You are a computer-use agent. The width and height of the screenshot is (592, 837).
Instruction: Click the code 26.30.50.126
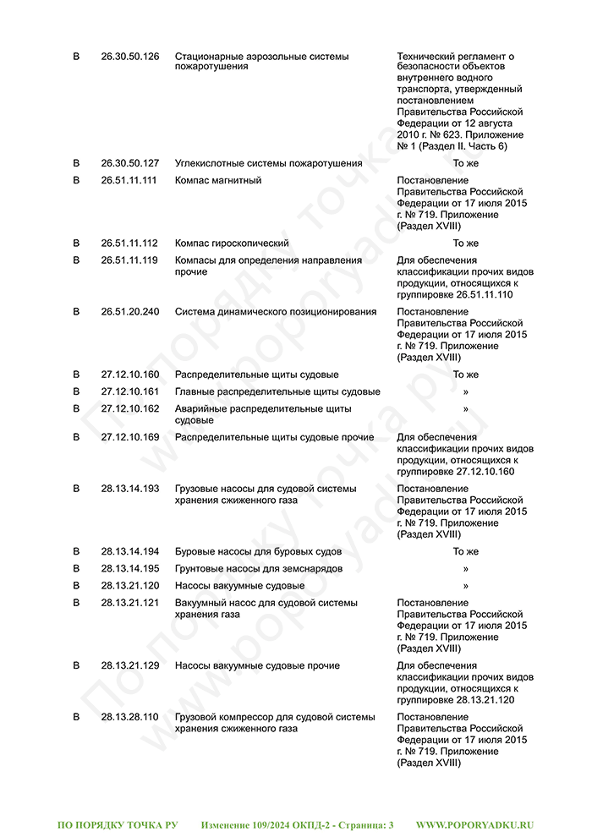click(129, 57)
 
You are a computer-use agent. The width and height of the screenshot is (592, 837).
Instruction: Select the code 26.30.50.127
click(129, 163)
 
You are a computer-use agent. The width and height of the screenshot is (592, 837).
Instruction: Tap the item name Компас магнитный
click(218, 180)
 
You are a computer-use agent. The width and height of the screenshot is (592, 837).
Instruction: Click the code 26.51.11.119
click(129, 260)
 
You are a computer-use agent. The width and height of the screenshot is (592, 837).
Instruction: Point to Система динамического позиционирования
click(276, 311)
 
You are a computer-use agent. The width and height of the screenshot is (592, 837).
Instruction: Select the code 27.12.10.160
click(129, 375)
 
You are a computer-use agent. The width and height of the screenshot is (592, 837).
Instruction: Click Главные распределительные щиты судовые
click(277, 391)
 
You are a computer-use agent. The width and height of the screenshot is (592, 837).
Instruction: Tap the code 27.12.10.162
click(129, 408)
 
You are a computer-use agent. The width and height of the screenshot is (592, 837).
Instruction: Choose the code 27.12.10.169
click(129, 437)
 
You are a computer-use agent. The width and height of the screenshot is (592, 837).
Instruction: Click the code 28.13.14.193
click(129, 489)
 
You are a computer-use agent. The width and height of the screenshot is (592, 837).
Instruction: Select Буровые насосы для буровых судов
click(258, 551)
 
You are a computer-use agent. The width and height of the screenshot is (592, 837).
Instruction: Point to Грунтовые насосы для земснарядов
click(259, 568)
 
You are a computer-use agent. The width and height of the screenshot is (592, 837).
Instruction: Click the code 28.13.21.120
click(129, 585)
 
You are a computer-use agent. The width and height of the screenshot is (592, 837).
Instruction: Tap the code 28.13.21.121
click(129, 603)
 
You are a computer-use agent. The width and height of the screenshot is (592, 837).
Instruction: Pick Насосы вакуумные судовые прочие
click(257, 666)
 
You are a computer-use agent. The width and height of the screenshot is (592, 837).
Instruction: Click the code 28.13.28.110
click(129, 717)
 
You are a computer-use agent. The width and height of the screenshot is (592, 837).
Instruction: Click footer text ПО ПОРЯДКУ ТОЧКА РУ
click(118, 824)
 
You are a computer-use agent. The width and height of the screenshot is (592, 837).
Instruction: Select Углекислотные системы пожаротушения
click(268, 163)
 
